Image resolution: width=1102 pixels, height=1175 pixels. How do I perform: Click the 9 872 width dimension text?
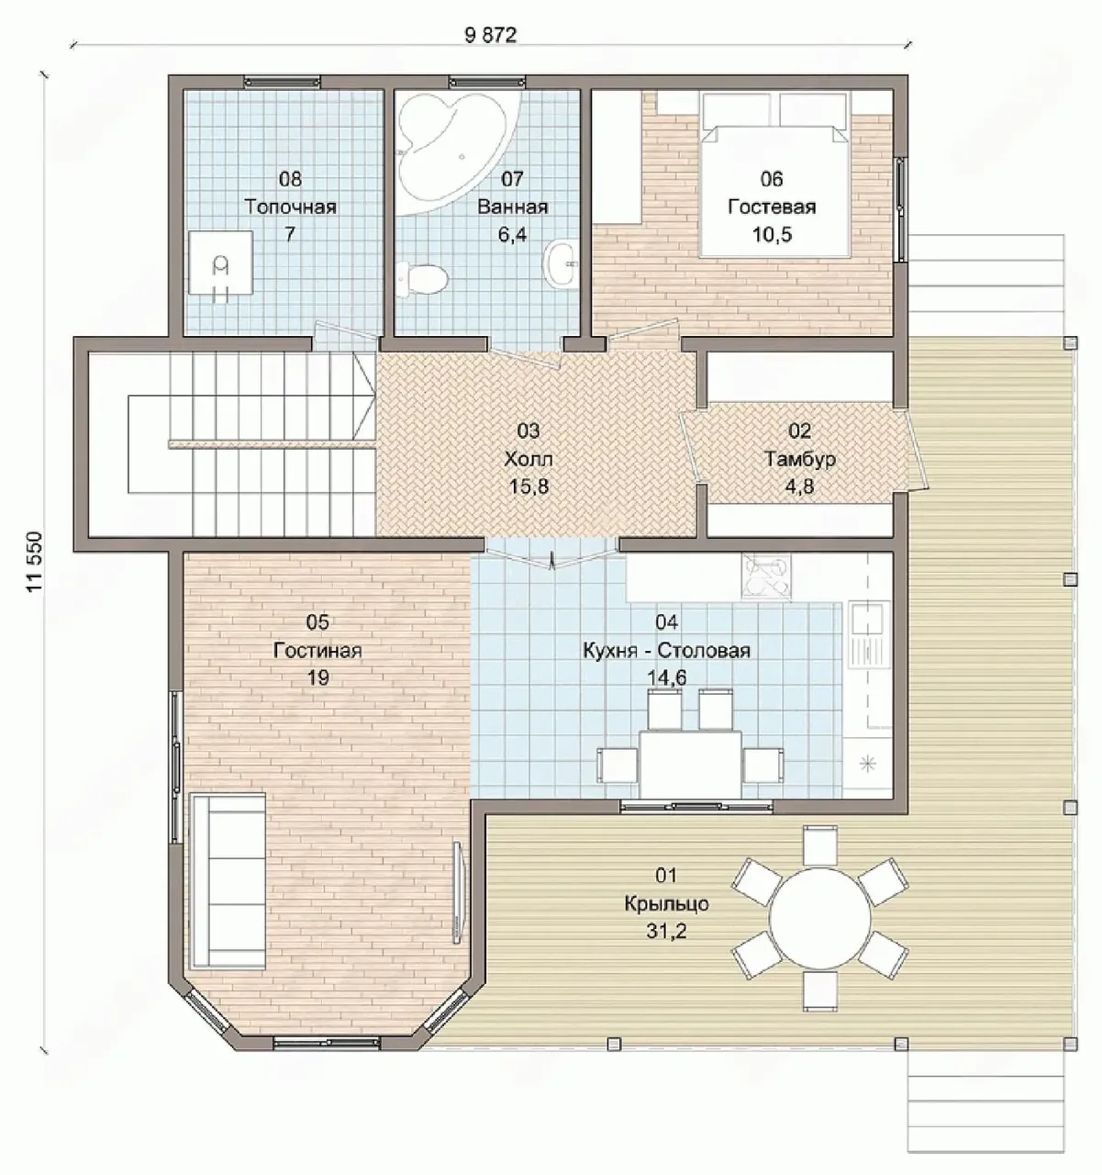[x=490, y=36]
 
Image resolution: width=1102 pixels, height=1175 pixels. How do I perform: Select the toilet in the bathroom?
[x=421, y=279]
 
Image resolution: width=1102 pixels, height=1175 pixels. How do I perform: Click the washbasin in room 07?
[x=561, y=263]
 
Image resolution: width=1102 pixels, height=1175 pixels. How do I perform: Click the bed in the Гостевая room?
[x=775, y=174]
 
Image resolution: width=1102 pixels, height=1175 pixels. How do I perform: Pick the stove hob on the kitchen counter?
[x=766, y=576]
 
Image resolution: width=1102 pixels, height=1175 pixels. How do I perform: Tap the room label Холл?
[x=529, y=458]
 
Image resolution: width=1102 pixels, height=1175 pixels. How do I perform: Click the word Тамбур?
[x=800, y=458]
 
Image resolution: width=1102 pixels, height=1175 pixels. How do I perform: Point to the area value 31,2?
[x=666, y=931]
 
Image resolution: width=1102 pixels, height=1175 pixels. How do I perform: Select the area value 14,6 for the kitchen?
[x=667, y=677]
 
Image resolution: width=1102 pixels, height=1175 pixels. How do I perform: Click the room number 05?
[x=317, y=621]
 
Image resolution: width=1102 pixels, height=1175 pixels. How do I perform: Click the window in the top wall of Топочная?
[x=283, y=82]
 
